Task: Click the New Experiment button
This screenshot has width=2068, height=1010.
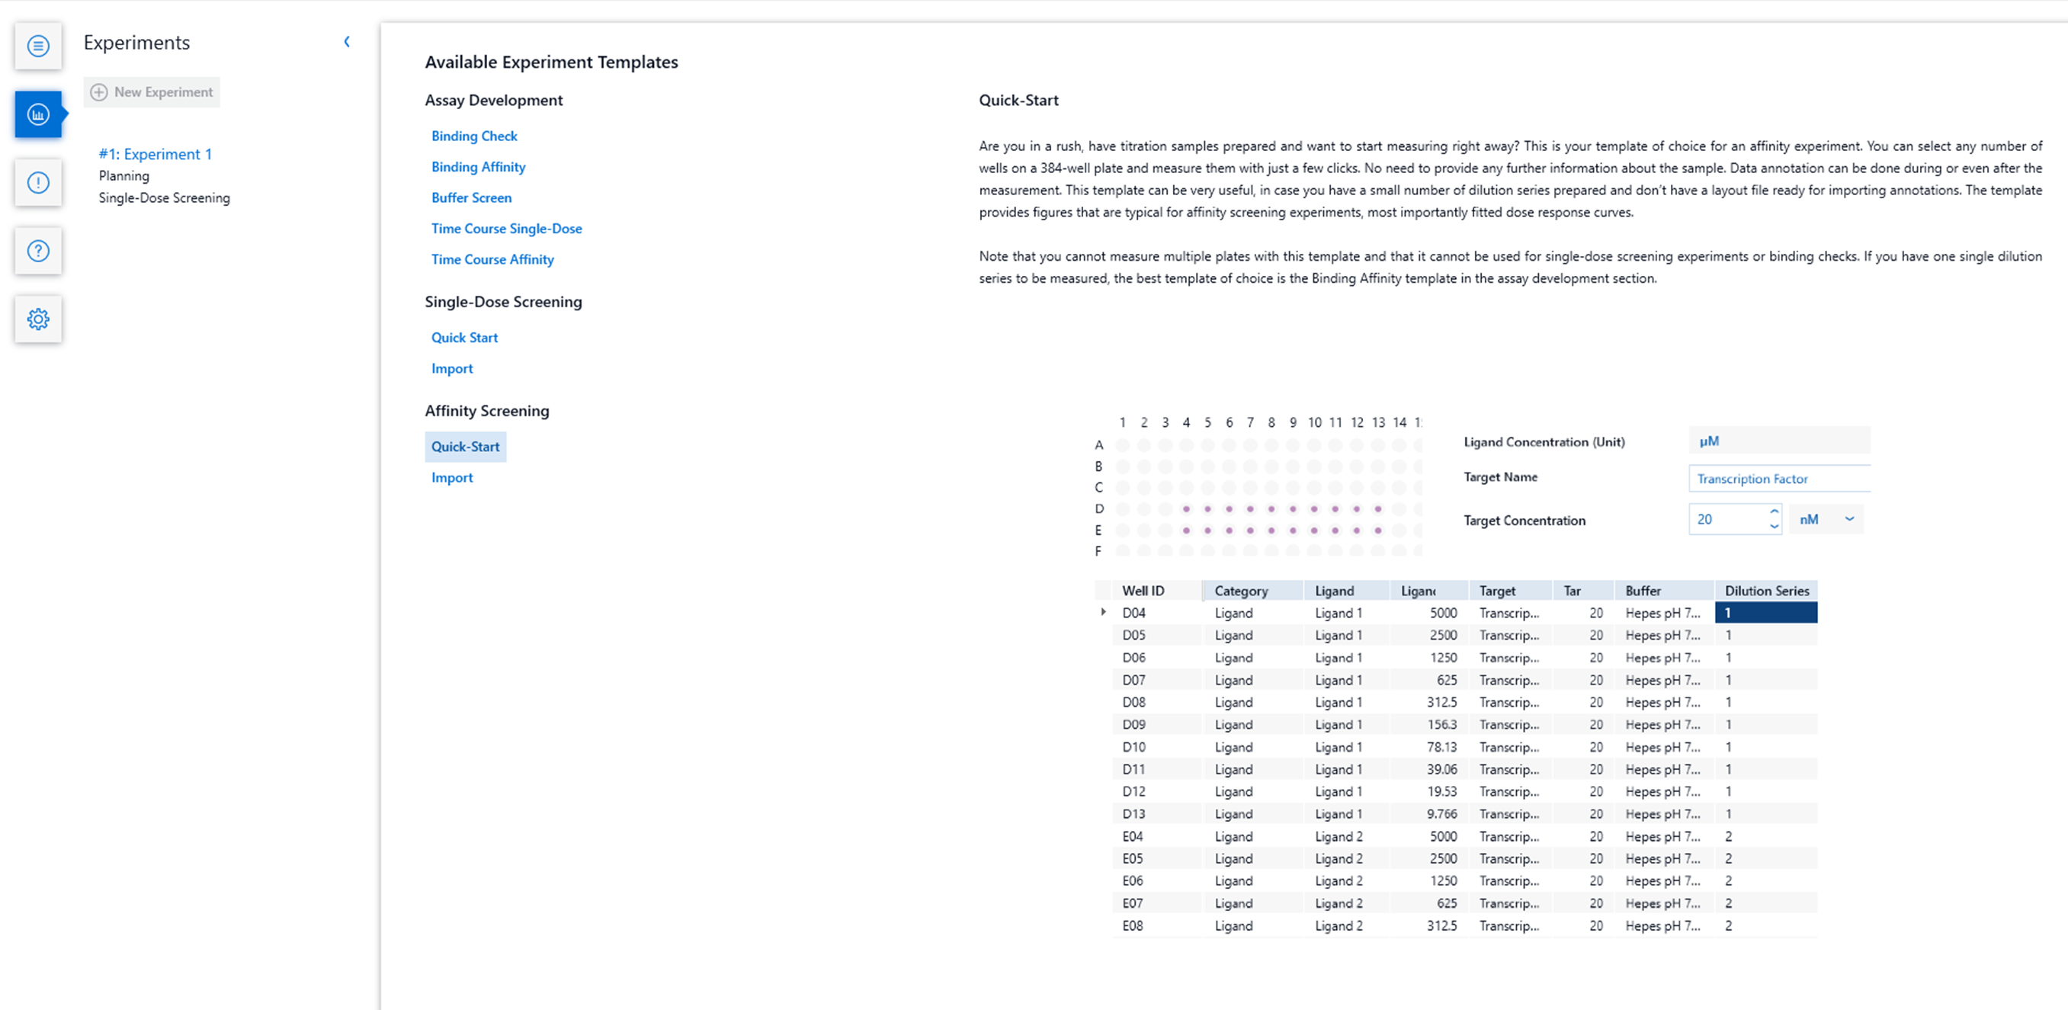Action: pyautogui.click(x=152, y=92)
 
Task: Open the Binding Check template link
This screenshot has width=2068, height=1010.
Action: pyautogui.click(x=473, y=136)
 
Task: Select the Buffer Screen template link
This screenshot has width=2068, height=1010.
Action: pyautogui.click(x=471, y=197)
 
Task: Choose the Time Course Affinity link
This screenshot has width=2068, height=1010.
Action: pyautogui.click(x=492, y=259)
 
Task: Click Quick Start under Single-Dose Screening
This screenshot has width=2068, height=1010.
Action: pyautogui.click(x=464, y=337)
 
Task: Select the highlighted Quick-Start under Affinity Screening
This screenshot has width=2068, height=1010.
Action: pyautogui.click(x=465, y=447)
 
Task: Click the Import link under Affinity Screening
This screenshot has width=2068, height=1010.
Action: pyautogui.click(x=452, y=478)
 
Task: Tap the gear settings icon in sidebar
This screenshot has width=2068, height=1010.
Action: pyautogui.click(x=37, y=319)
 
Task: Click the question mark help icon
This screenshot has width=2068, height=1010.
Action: pyautogui.click(x=37, y=251)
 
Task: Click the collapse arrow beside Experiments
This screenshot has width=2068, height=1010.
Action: pyautogui.click(x=347, y=42)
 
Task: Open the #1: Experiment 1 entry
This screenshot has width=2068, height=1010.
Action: pyautogui.click(x=155, y=154)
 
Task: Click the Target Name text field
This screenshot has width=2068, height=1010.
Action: pyautogui.click(x=1778, y=479)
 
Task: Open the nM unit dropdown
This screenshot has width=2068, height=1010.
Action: pyautogui.click(x=1826, y=519)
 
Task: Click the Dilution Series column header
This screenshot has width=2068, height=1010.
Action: pyautogui.click(x=1766, y=591)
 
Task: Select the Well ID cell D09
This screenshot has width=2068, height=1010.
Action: pyautogui.click(x=1133, y=724)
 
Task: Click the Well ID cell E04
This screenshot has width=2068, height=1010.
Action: pyautogui.click(x=1132, y=835)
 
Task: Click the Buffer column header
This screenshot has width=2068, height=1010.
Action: pyautogui.click(x=1643, y=591)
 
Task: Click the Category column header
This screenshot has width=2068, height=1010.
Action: pyautogui.click(x=1240, y=591)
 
